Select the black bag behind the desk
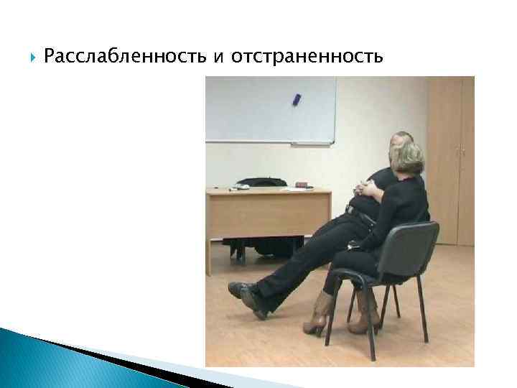pos(258,183)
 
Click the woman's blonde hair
pos(406,159)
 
